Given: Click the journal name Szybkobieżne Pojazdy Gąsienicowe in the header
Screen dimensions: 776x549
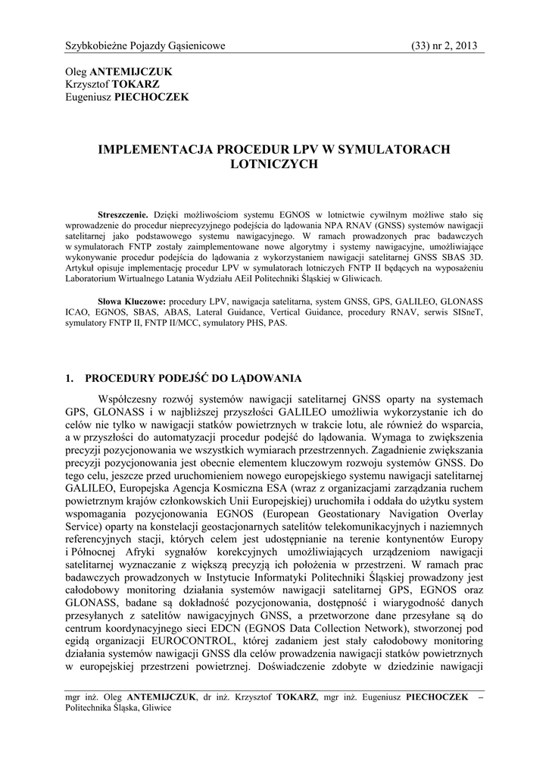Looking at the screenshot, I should tap(145, 46).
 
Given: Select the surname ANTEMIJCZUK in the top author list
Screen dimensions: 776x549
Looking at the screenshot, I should tap(131, 71).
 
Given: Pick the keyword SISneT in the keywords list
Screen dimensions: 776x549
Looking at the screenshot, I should tap(468, 311).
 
